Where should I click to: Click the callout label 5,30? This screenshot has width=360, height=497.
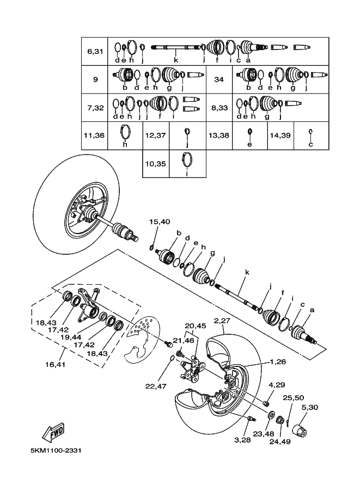309,407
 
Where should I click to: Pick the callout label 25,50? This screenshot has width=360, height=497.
292,398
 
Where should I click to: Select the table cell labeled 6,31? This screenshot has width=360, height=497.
95,51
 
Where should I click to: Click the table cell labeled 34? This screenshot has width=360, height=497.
219,79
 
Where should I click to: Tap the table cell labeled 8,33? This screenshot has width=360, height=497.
219,108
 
